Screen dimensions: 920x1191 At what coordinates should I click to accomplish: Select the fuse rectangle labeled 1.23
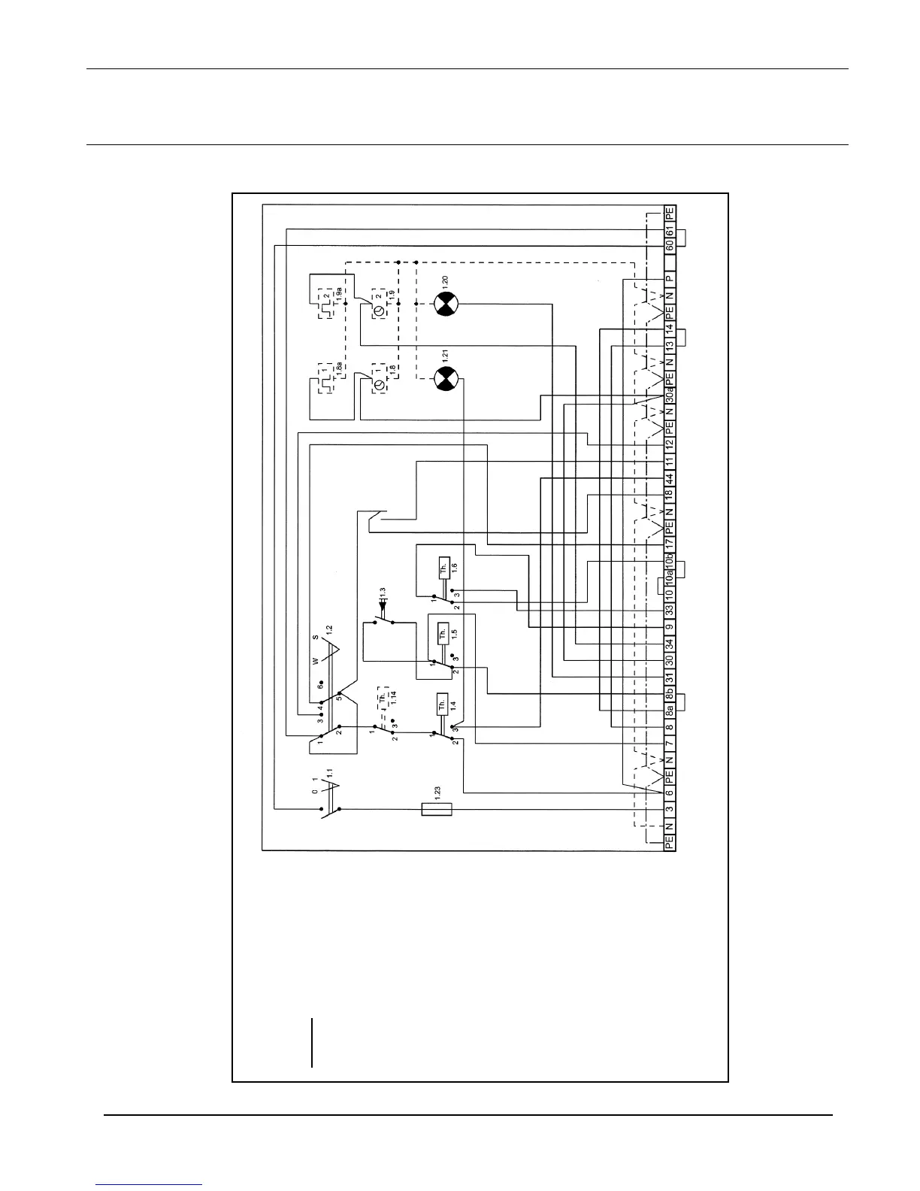(x=430, y=809)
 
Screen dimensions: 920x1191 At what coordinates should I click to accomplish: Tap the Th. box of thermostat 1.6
(x=443, y=570)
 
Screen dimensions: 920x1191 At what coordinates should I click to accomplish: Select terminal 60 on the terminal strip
(x=669, y=244)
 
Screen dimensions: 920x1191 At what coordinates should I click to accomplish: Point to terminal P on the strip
(x=669, y=278)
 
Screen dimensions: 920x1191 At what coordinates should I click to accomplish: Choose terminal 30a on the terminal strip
(x=669, y=394)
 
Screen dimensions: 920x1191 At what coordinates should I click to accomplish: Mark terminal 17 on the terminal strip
(x=669, y=543)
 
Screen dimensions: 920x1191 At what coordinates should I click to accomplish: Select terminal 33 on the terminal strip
(x=669, y=609)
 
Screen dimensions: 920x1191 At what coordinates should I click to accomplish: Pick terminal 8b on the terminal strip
(x=669, y=692)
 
